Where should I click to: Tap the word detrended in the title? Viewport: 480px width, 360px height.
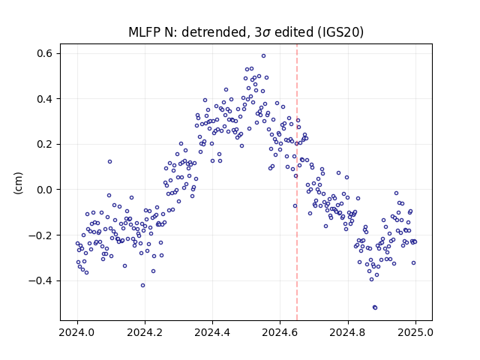214,32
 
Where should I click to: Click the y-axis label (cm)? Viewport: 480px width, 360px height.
18,183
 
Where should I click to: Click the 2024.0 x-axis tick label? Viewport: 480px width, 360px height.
77,332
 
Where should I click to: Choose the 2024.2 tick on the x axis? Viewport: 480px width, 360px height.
145,332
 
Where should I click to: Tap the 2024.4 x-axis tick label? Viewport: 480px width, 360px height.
212,332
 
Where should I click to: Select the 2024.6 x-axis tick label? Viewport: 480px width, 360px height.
280,332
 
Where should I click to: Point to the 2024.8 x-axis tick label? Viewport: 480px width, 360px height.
348,332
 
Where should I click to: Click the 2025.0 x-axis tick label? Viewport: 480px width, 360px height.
415,332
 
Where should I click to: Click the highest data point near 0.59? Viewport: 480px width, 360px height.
263,55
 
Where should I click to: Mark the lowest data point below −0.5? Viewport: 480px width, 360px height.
375,307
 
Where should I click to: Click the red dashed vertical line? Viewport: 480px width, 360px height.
297,182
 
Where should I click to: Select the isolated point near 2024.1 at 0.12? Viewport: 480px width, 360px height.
109,162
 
